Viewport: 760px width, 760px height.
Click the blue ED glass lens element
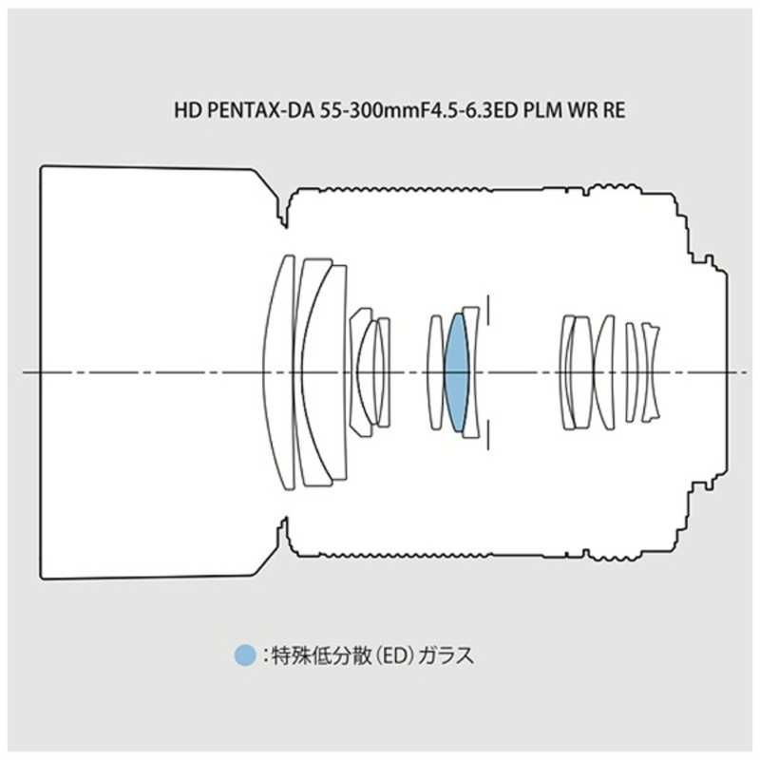pyautogui.click(x=457, y=372)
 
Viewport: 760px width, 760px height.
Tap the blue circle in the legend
pyautogui.click(x=245, y=655)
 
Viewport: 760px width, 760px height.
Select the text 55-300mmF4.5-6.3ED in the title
pyautogui.click(x=419, y=110)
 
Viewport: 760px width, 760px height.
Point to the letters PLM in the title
pyautogui.click(x=542, y=110)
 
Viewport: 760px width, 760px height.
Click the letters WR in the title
pyautogui.click(x=583, y=110)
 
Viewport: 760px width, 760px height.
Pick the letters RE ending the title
pyautogui.click(x=614, y=110)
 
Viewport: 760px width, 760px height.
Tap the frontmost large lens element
pyautogui.click(x=278, y=372)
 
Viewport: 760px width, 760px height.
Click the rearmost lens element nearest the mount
pyautogui.click(x=651, y=372)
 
